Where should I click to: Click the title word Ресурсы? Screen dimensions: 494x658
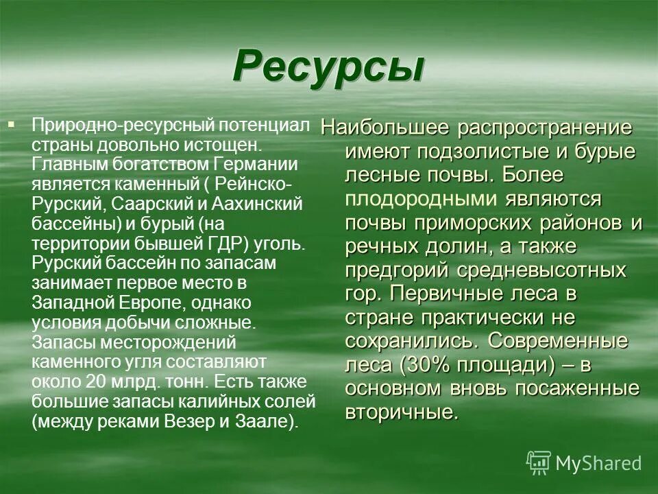[x=328, y=67]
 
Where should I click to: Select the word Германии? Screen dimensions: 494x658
[x=256, y=165]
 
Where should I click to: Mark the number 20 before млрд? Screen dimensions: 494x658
[x=95, y=382]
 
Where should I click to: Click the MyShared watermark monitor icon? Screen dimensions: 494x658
[x=539, y=463]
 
